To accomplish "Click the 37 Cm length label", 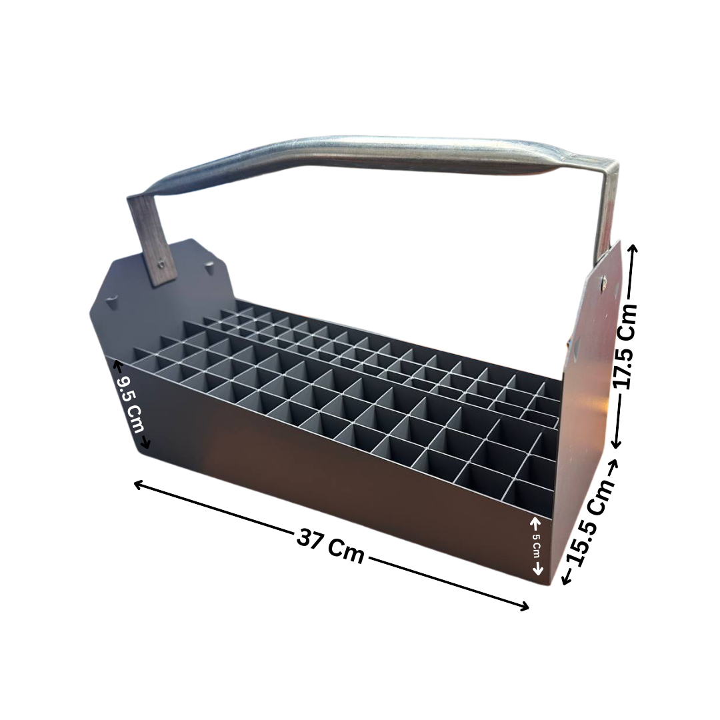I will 331,546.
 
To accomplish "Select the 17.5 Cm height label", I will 626,347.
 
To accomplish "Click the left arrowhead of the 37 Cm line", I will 137,483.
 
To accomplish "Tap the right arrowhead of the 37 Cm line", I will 526,607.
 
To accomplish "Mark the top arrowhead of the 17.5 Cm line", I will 633,248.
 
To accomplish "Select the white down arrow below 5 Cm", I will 538,571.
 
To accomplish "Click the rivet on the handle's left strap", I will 160,265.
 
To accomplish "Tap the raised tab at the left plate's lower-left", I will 111,301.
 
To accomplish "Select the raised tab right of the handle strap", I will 210,269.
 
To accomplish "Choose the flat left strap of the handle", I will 151,240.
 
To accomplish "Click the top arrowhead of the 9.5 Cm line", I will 117,364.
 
